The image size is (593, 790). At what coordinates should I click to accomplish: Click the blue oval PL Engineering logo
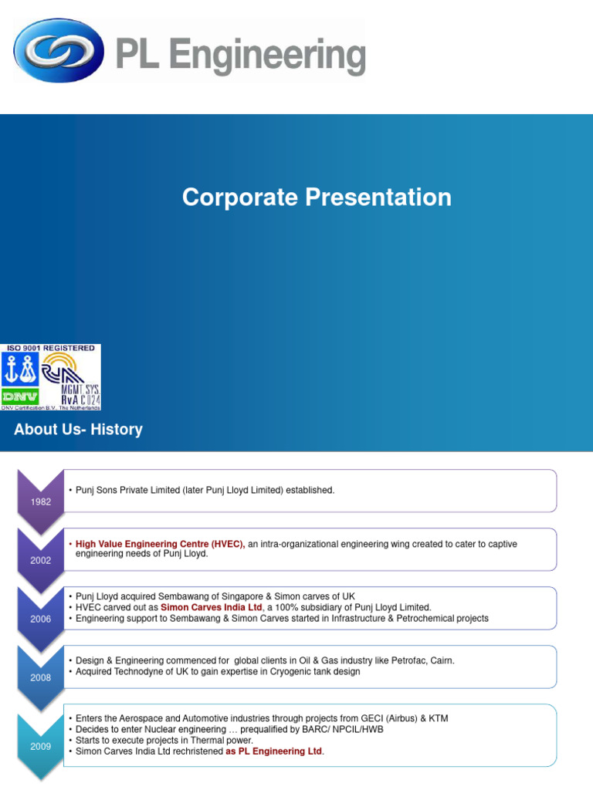click(x=59, y=50)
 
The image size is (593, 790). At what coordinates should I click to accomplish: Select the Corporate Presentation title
click(x=317, y=197)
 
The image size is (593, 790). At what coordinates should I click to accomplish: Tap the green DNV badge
click(x=20, y=396)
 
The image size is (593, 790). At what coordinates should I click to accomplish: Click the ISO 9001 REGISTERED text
click(x=51, y=349)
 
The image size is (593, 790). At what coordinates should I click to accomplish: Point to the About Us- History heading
click(x=78, y=430)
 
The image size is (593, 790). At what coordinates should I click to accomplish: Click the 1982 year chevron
click(x=41, y=501)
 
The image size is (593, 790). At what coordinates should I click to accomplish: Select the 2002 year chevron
click(x=41, y=560)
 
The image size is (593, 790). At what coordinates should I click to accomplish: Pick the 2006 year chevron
click(x=41, y=619)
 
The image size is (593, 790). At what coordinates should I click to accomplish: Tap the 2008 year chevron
click(x=41, y=677)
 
